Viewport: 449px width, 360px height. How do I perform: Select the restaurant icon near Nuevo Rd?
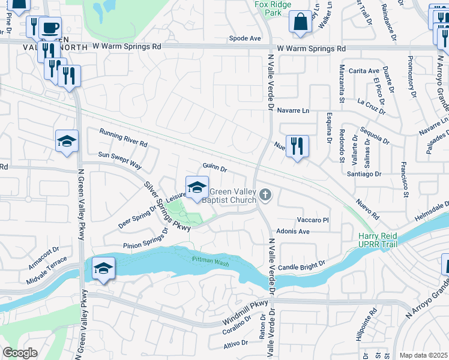point(297,146)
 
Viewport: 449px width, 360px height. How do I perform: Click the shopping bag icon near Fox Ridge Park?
point(300,22)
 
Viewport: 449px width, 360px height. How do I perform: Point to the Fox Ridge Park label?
point(268,7)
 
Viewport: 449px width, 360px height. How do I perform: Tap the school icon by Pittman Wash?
point(103,268)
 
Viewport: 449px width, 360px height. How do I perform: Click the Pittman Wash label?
point(211,259)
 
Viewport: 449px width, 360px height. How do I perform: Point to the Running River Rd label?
point(123,139)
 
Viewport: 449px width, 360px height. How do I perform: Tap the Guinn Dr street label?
point(214,169)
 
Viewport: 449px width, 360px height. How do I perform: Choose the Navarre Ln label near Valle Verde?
point(294,110)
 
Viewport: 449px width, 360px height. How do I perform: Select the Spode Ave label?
point(245,38)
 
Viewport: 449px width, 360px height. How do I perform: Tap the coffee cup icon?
point(51,28)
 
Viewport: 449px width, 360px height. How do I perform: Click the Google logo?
point(20,353)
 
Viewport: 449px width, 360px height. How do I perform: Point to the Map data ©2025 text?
point(423,355)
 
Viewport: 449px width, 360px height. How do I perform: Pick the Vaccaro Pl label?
point(313,220)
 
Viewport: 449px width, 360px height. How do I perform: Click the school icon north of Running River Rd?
point(67,142)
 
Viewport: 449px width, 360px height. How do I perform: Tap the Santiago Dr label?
point(364,173)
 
